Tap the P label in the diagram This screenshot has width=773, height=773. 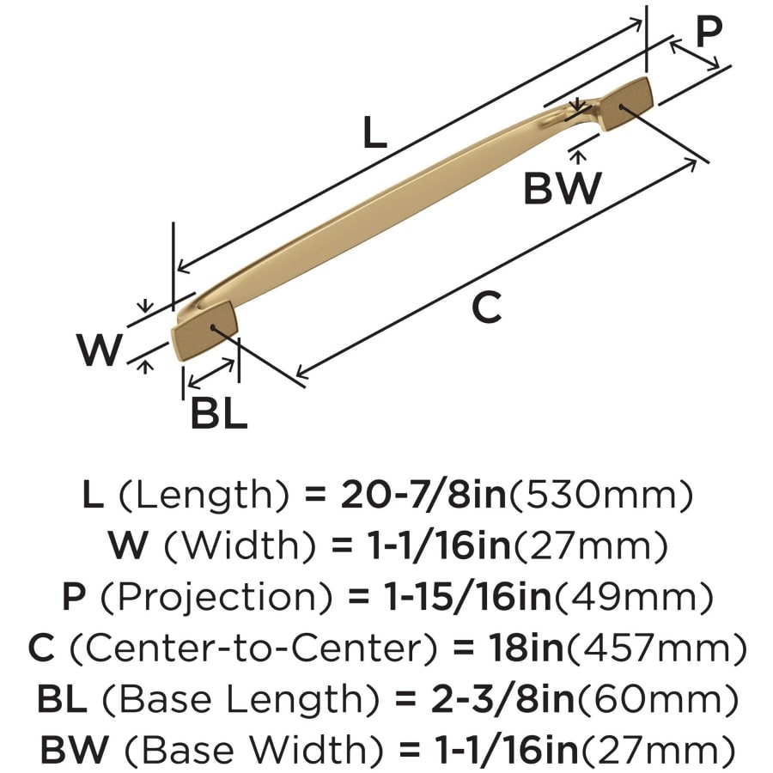[x=709, y=33]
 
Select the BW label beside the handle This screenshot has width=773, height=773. [x=563, y=187]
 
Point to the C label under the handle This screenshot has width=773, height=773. [x=487, y=307]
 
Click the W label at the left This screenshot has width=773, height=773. [x=100, y=350]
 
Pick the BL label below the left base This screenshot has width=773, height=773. [x=219, y=414]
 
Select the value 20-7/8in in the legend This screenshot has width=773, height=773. [x=421, y=496]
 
